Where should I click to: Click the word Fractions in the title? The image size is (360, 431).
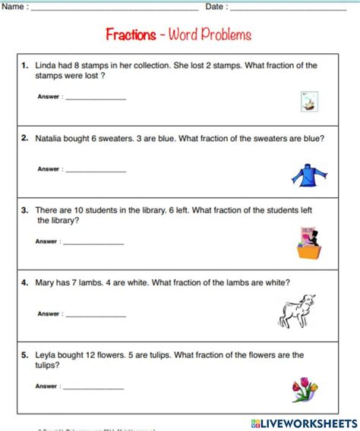(130, 35)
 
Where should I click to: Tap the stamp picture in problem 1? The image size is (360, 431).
(308, 102)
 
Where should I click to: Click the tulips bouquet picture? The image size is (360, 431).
(305, 389)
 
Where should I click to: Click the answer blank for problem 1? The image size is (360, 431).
(96, 99)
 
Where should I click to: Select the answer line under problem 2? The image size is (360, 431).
(96, 171)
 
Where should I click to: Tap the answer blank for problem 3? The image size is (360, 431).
(93, 243)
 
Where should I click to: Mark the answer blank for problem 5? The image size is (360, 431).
(93, 388)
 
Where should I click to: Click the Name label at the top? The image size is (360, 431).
(14, 7)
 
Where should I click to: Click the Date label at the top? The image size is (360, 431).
(216, 7)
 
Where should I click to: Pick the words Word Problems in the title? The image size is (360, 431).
(210, 35)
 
